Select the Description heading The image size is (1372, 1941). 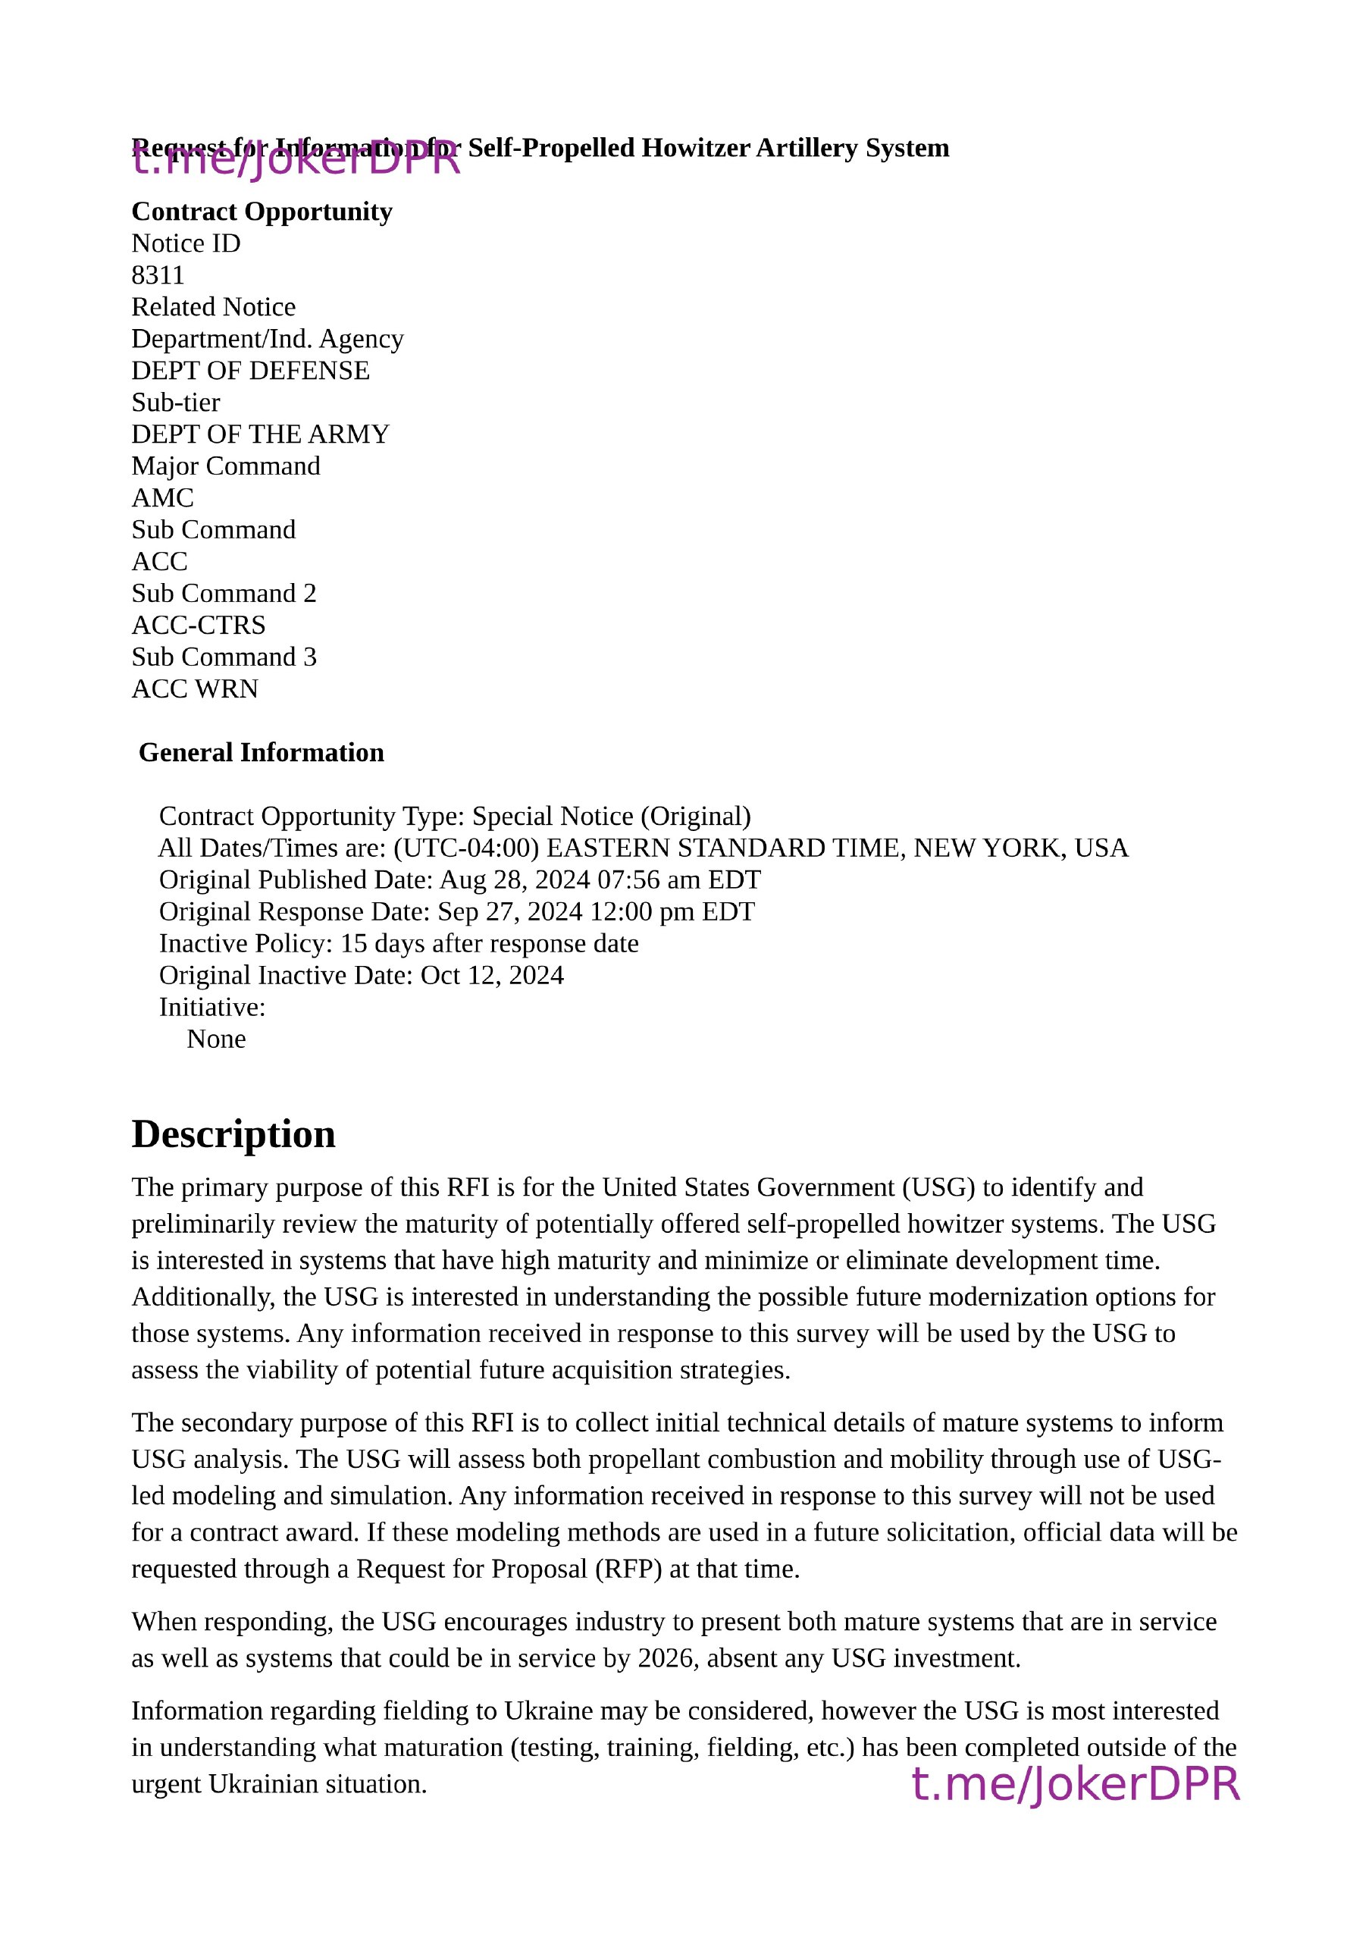coord(233,1134)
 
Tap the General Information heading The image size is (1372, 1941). coord(262,752)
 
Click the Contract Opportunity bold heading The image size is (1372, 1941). coord(262,212)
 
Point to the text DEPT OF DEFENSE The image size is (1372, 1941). coord(250,371)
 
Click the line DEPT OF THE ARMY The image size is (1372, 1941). coord(260,434)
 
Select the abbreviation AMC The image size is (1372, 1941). coord(162,498)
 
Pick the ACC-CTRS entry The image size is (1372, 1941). coord(198,626)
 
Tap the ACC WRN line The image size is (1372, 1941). coord(195,689)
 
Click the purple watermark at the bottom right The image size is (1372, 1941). coord(1076,1784)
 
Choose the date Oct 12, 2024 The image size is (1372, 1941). coord(492,976)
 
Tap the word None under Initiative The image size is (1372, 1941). coord(216,1039)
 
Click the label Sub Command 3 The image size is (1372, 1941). coord(224,657)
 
